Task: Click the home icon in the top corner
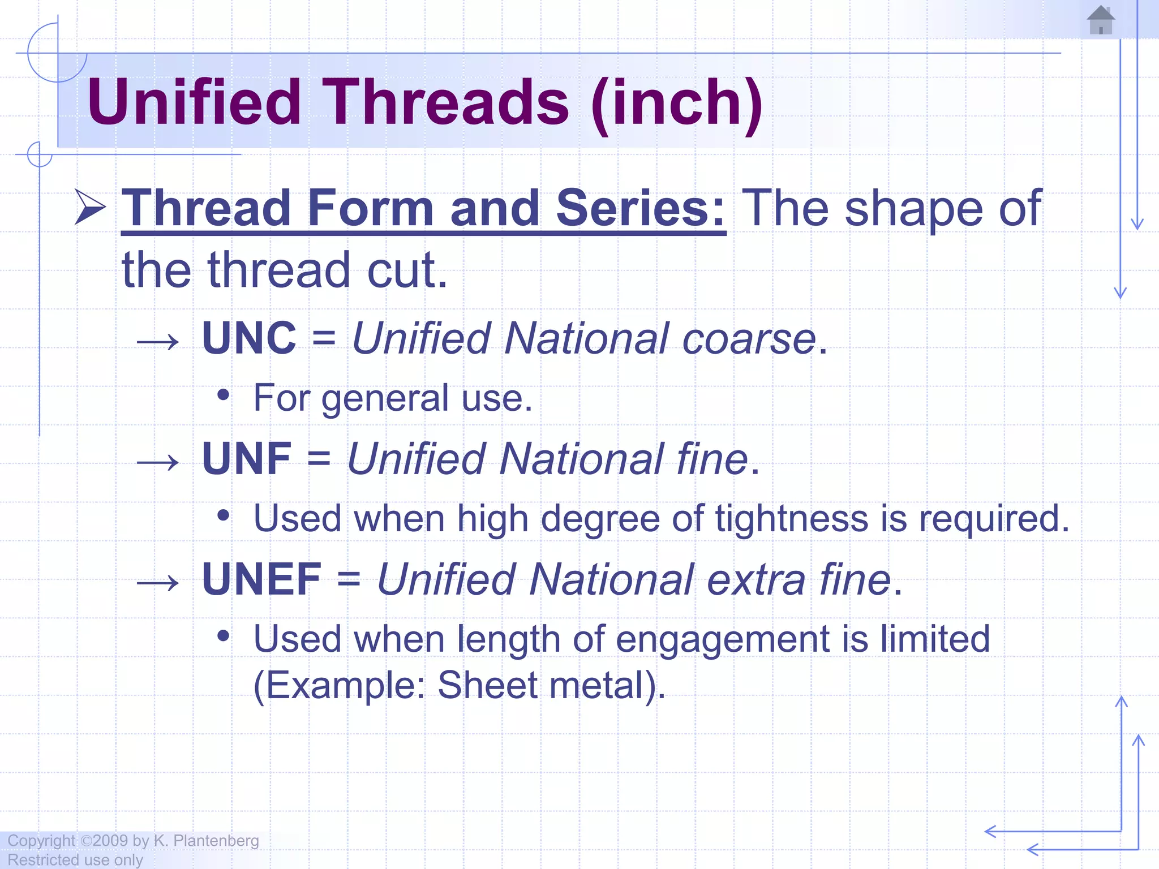[x=1101, y=20]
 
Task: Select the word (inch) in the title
[x=677, y=104]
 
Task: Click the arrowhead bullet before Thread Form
[x=91, y=207]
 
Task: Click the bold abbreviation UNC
[x=249, y=338]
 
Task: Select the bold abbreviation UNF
[x=247, y=459]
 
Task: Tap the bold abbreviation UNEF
[x=262, y=579]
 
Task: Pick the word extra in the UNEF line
[x=756, y=579]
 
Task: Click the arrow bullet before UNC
[x=158, y=342]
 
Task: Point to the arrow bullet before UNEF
[x=158, y=583]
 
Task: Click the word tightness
[x=791, y=518]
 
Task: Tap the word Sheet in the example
[x=487, y=685]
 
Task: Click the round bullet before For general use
[x=224, y=394]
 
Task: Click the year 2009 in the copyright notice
[x=110, y=841]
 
